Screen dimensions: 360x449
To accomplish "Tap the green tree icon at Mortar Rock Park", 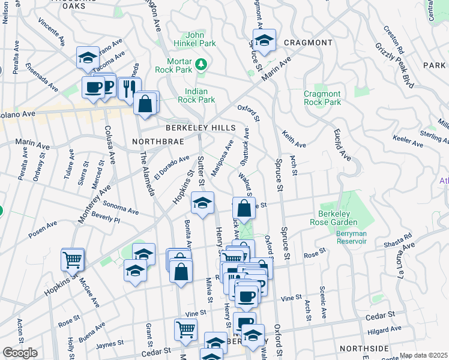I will [202, 63].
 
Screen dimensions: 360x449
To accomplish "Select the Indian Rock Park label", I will [196, 95].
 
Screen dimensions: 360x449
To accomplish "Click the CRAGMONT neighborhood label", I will [308, 43].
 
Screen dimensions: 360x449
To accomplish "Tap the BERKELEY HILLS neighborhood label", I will [201, 128].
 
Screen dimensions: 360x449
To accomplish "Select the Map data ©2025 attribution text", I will [424, 355].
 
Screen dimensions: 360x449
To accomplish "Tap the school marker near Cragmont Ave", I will [264, 41].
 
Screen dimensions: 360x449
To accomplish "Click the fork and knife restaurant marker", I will [129, 89].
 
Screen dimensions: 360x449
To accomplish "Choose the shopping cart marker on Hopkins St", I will [73, 260].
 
